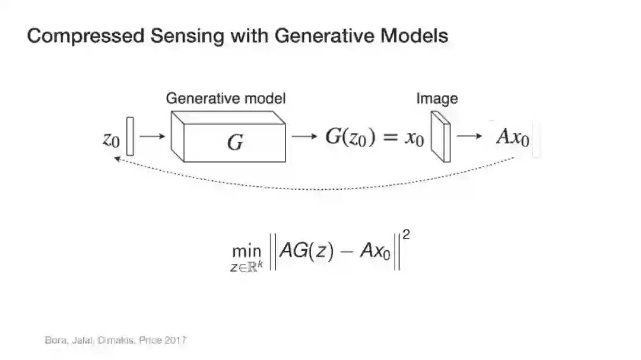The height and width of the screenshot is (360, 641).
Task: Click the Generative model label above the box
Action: coord(226,98)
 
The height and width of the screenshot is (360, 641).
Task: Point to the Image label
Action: coord(437,98)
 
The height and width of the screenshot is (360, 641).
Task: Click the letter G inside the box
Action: coord(235,142)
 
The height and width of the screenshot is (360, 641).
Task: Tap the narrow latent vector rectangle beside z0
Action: coord(130,137)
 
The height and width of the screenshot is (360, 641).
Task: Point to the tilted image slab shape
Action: coord(440,137)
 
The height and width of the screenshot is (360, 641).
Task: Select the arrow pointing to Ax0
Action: coord(469,136)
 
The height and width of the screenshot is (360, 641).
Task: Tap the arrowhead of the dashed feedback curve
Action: coord(117,159)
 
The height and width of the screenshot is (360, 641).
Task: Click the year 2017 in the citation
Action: coord(176,340)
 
